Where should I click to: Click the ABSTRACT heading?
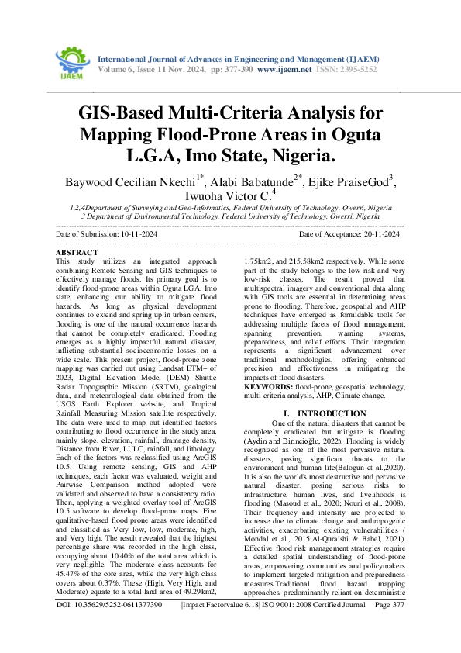(x=77, y=254)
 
